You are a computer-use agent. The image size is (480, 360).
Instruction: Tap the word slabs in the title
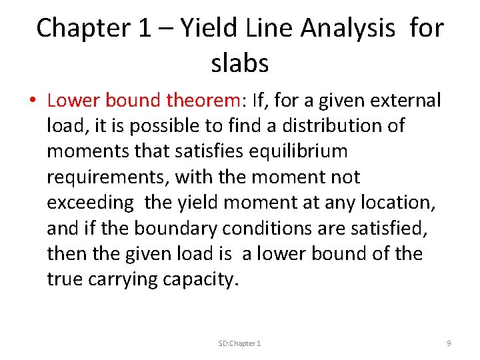[239, 63]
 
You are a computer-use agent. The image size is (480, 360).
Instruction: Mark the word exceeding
[90, 203]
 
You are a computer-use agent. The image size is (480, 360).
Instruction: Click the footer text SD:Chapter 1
[239, 343]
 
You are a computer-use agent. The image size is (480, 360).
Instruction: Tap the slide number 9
[449, 343]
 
